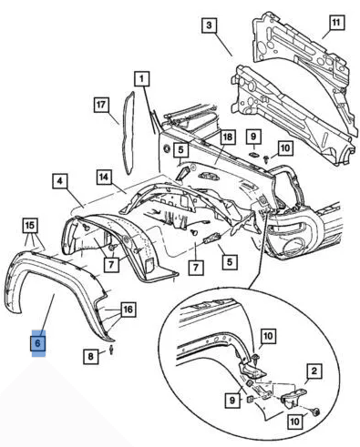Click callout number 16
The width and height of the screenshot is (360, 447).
point(128,310)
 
